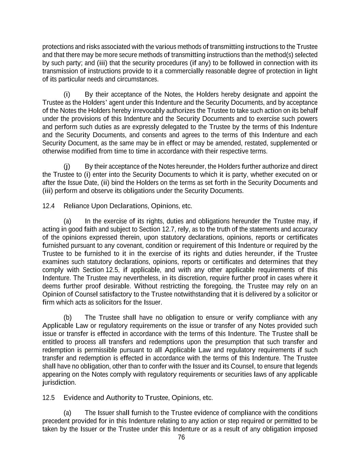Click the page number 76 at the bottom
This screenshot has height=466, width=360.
tap(181, 437)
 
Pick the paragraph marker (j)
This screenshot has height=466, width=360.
tap(67, 166)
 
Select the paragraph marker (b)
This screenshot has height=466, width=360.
tap(68, 317)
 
